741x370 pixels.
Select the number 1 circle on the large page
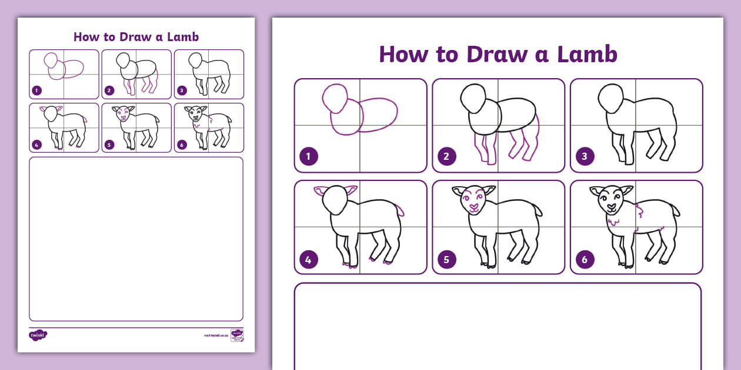(309, 156)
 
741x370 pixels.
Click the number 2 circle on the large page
(447, 156)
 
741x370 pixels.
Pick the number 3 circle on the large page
(585, 156)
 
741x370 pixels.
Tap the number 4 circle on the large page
(309, 259)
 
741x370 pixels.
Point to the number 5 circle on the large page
(447, 259)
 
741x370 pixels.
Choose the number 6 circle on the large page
(585, 259)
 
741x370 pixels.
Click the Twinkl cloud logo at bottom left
(38, 335)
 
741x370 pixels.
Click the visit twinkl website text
(216, 335)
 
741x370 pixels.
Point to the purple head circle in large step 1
(335, 99)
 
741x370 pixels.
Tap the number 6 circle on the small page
(182, 144)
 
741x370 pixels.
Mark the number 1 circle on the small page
(37, 90)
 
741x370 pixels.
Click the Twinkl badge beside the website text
(237, 335)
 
